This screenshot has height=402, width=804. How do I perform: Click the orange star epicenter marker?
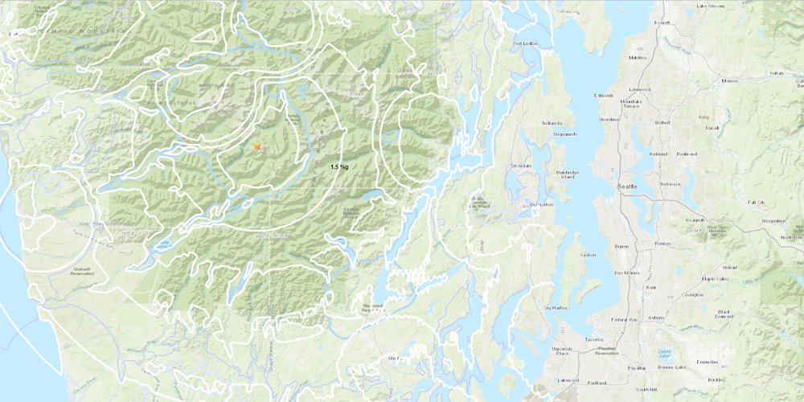pos(257,146)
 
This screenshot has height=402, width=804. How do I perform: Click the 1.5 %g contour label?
pos(338,166)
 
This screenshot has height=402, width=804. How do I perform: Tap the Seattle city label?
pos(626,187)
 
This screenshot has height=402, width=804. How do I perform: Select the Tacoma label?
pos(593,340)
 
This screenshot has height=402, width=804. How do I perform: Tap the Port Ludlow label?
pos(525,43)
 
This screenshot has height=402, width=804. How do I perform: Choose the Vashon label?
pos(587,254)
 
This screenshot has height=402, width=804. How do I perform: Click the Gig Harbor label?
pos(556,308)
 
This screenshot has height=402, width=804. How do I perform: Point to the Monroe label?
pos(730,80)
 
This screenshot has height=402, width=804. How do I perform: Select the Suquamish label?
pos(556,135)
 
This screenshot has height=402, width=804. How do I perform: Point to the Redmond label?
pos(687,154)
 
